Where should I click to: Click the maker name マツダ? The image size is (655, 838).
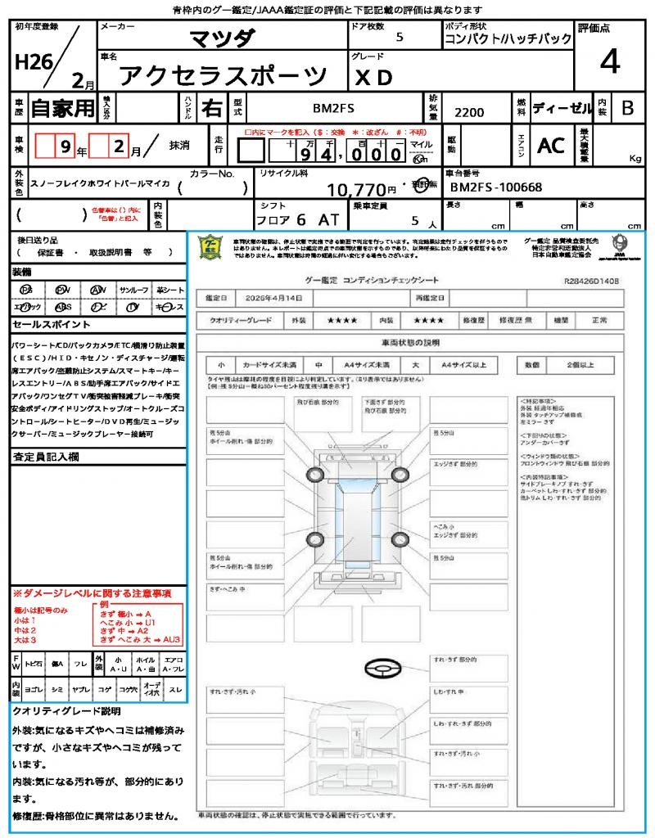222,38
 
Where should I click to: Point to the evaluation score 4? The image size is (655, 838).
608,61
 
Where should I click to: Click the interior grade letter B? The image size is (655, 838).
627,107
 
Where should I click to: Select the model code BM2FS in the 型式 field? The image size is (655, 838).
334,108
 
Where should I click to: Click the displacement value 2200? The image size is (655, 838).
469,113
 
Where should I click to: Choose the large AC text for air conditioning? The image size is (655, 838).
551,145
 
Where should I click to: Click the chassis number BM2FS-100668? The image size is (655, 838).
496,187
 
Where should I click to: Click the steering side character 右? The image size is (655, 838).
212,108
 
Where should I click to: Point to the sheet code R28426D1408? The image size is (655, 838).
591,281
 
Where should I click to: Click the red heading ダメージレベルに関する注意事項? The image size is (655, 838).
92,592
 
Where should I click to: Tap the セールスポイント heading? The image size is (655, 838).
44,324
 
